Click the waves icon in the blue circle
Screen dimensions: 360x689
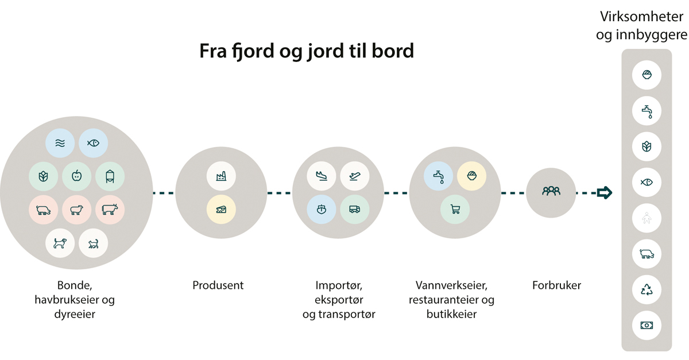(60, 144)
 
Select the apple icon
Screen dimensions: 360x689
(76, 177)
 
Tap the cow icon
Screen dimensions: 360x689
(110, 210)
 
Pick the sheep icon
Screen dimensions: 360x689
(76, 210)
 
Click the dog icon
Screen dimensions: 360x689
(60, 243)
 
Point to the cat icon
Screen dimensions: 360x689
(93, 243)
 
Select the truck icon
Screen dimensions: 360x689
(354, 210)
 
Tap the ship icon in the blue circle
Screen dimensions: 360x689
(321, 210)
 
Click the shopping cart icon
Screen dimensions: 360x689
(455, 210)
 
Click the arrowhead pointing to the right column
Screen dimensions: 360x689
(605, 192)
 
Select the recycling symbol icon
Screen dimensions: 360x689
(647, 290)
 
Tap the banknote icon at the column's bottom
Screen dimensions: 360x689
(647, 325)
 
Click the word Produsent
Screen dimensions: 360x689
(218, 285)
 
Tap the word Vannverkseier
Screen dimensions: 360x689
(448, 285)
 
